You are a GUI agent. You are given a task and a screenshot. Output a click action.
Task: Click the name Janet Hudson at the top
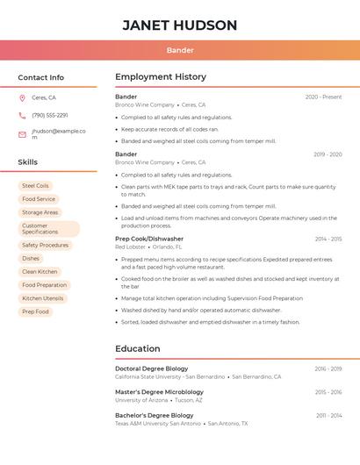point(180,25)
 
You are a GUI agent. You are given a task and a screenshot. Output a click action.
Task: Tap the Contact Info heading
point(41,77)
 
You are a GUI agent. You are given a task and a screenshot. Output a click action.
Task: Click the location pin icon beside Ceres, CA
point(22,97)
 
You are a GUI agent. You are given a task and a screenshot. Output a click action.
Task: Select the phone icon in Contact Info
point(22,115)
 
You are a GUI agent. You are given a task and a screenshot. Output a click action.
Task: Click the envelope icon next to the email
point(22,134)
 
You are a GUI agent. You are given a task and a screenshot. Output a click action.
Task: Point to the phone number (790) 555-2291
point(50,115)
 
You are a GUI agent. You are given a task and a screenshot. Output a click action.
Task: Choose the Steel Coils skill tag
point(36,186)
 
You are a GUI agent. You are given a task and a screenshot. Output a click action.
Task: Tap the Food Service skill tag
point(39,199)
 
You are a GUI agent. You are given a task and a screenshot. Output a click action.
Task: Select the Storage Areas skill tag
point(40,212)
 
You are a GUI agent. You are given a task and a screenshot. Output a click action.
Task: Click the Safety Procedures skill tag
point(45,246)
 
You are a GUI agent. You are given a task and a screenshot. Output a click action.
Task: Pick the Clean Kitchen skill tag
point(40,272)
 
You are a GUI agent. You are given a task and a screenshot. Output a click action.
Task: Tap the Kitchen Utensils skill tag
point(43,298)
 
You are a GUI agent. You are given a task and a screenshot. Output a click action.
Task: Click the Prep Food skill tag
point(35,311)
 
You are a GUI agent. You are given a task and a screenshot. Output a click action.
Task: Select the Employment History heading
point(161,77)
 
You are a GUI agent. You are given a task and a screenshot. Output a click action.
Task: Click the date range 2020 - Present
point(323,97)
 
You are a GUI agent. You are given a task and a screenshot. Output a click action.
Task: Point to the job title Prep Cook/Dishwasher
point(149,239)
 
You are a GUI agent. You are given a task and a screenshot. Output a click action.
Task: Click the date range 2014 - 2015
point(328,239)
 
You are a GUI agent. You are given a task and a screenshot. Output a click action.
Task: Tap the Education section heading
point(138,348)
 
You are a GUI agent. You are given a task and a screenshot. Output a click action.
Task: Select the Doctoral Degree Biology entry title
point(152,368)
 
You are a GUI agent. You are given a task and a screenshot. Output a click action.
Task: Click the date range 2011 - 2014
point(329,415)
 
